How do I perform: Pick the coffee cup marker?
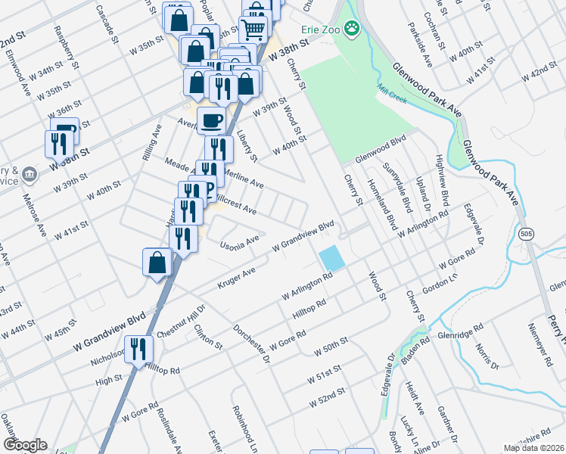click(x=211, y=120)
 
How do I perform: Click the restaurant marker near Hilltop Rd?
click(x=138, y=349)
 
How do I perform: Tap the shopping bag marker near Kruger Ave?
click(x=157, y=263)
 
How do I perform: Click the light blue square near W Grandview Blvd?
click(x=331, y=257)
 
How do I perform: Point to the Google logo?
click(x=25, y=444)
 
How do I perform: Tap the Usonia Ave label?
click(x=239, y=242)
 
